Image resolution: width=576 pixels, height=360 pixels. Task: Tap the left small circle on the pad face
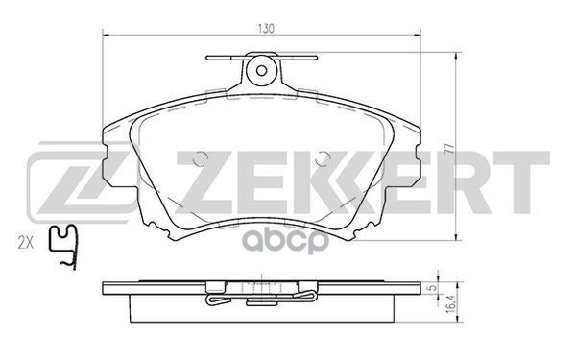pyautogui.click(x=199, y=160)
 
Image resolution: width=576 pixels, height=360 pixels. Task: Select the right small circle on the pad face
pyautogui.click(x=321, y=160)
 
